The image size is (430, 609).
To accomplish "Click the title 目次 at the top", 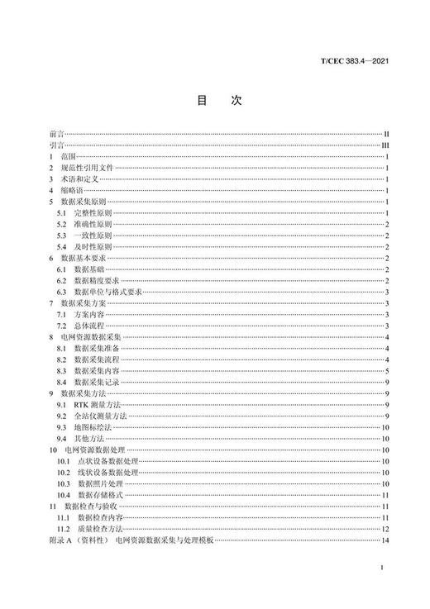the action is coord(217,100).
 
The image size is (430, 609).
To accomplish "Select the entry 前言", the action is coord(56,132).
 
